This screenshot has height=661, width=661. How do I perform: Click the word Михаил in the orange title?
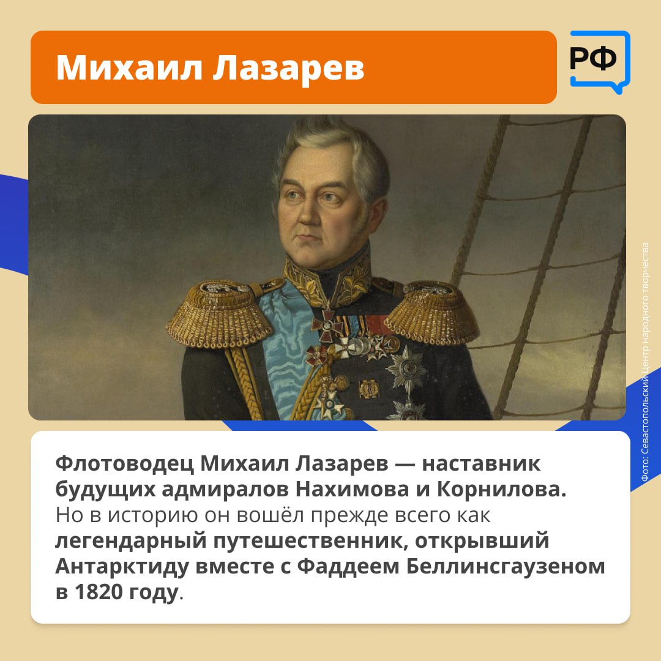click(129, 67)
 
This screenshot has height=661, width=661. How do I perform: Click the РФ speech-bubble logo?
click(600, 62)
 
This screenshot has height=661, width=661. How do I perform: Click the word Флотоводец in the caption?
click(124, 464)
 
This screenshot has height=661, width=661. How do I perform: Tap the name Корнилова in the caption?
click(501, 489)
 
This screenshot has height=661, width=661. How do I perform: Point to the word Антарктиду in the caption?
click(122, 567)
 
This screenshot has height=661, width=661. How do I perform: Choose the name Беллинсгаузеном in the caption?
click(506, 567)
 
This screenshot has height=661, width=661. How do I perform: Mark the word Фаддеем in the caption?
click(348, 567)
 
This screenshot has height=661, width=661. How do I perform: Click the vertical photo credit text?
click(645, 362)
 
